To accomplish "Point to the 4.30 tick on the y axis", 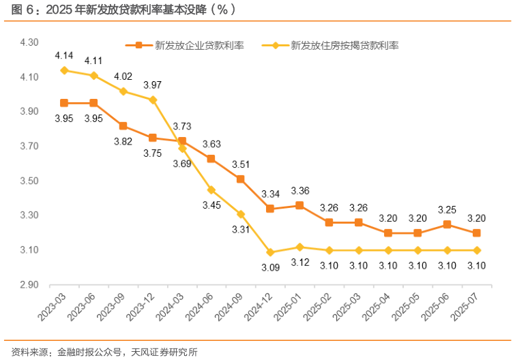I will tap(29, 42).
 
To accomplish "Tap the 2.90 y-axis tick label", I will tap(29, 285).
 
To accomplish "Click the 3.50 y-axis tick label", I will tap(29, 181).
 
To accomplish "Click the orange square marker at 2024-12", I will tap(270, 209).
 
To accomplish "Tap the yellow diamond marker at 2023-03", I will tap(64, 70).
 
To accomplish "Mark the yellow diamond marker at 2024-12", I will tap(270, 252).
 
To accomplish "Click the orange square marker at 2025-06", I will tap(447, 224).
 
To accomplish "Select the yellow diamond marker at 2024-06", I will tap(211, 190).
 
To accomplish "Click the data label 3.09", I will tap(270, 268).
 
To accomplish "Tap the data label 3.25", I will tap(447, 209).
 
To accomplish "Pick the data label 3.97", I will tap(153, 85).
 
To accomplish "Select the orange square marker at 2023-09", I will tap(123, 125).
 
